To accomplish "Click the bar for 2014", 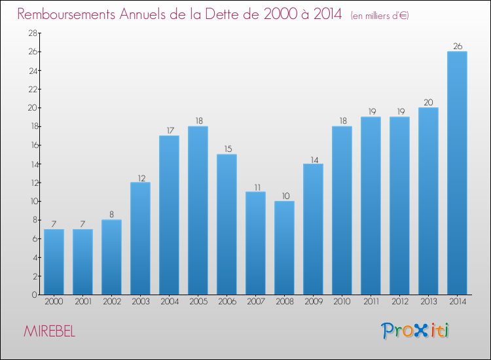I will [457, 173].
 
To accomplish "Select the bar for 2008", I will [284, 248].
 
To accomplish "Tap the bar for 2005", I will [198, 211].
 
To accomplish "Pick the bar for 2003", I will [140, 239].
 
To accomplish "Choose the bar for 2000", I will [54, 262].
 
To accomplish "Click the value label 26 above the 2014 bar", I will [457, 46].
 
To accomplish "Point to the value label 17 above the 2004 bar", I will [169, 130].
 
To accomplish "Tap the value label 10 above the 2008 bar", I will [284, 196].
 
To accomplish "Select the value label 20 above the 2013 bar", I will [428, 102].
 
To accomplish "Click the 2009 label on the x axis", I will [313, 302].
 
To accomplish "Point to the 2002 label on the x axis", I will [111, 302].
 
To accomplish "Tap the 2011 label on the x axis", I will [371, 302].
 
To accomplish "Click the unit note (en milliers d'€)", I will [380, 15].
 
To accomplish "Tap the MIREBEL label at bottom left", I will [49, 331].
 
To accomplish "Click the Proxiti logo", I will [415, 331].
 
